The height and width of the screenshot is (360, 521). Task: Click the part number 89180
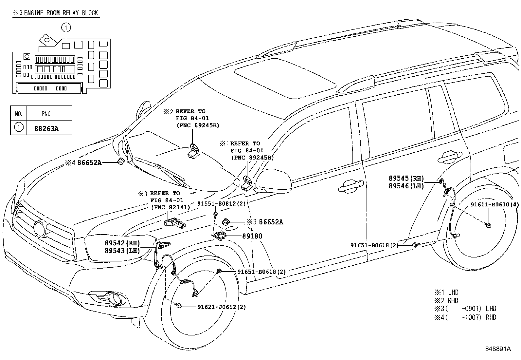click(252, 236)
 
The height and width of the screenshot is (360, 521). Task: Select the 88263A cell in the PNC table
click(46, 128)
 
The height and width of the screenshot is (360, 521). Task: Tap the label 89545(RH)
click(406, 179)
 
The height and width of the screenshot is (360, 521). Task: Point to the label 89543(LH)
click(122, 251)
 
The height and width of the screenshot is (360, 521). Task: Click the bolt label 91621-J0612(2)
click(222, 307)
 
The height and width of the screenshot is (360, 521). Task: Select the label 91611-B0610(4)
click(494, 205)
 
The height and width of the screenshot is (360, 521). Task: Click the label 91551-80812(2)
click(221, 204)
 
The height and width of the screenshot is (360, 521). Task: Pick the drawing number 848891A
click(498, 349)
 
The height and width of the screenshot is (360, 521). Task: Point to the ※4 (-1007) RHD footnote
click(465, 317)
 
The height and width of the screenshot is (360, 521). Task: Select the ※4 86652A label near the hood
click(83, 162)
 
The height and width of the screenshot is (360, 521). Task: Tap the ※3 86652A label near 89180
click(265, 222)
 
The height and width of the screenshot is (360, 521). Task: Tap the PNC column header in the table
click(46, 114)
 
